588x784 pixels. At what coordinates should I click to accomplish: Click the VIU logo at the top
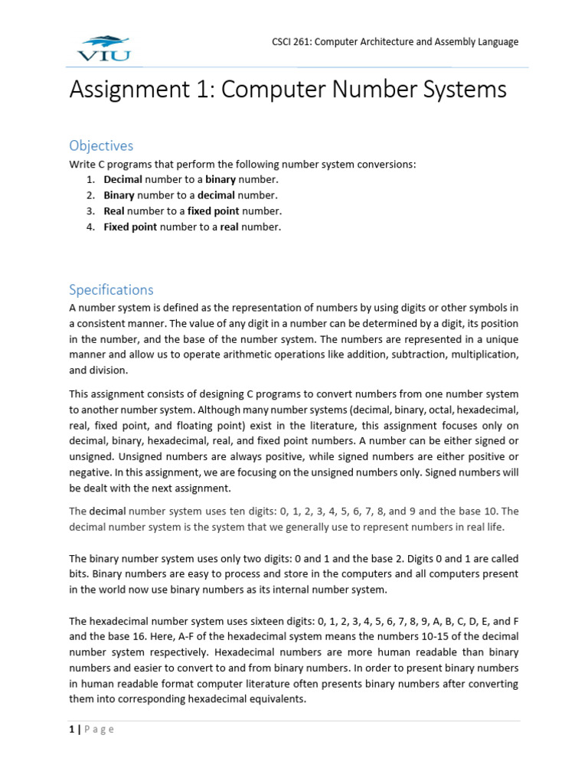[104, 47]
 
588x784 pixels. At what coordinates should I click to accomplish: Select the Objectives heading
[101, 145]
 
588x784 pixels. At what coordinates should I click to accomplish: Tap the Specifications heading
[111, 289]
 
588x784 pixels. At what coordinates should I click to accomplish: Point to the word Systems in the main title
[467, 90]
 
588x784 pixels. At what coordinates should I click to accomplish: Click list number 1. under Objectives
[90, 180]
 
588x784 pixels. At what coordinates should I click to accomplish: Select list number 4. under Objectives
[90, 227]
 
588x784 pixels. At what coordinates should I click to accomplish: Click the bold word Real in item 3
[114, 211]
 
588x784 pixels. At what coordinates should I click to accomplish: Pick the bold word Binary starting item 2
[119, 195]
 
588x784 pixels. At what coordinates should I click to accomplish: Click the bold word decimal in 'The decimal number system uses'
[107, 511]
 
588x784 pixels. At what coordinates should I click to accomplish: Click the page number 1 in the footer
[72, 730]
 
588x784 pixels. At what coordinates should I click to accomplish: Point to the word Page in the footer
[100, 730]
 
